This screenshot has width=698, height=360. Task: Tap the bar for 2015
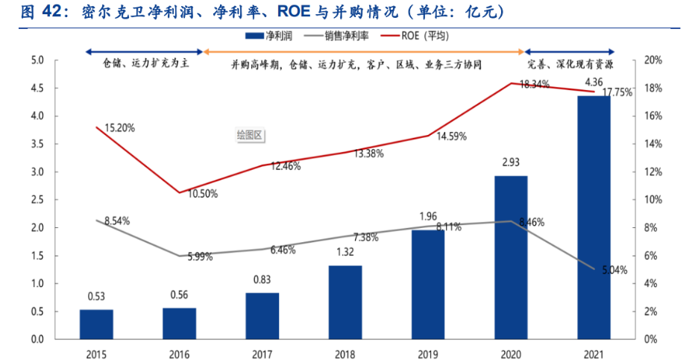tap(96, 324)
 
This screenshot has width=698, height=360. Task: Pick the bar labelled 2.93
tap(511, 257)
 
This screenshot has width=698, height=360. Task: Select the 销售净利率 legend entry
tap(345, 35)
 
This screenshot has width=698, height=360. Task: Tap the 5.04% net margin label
tap(613, 269)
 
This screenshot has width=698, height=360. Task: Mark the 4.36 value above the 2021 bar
tap(594, 81)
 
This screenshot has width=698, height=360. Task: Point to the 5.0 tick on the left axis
tap(37, 60)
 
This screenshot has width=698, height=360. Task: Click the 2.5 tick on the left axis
tap(37, 200)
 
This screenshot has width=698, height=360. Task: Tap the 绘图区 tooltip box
tap(251, 135)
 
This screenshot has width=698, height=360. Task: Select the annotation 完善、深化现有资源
tap(576, 64)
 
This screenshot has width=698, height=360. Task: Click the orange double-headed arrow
tap(364, 51)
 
